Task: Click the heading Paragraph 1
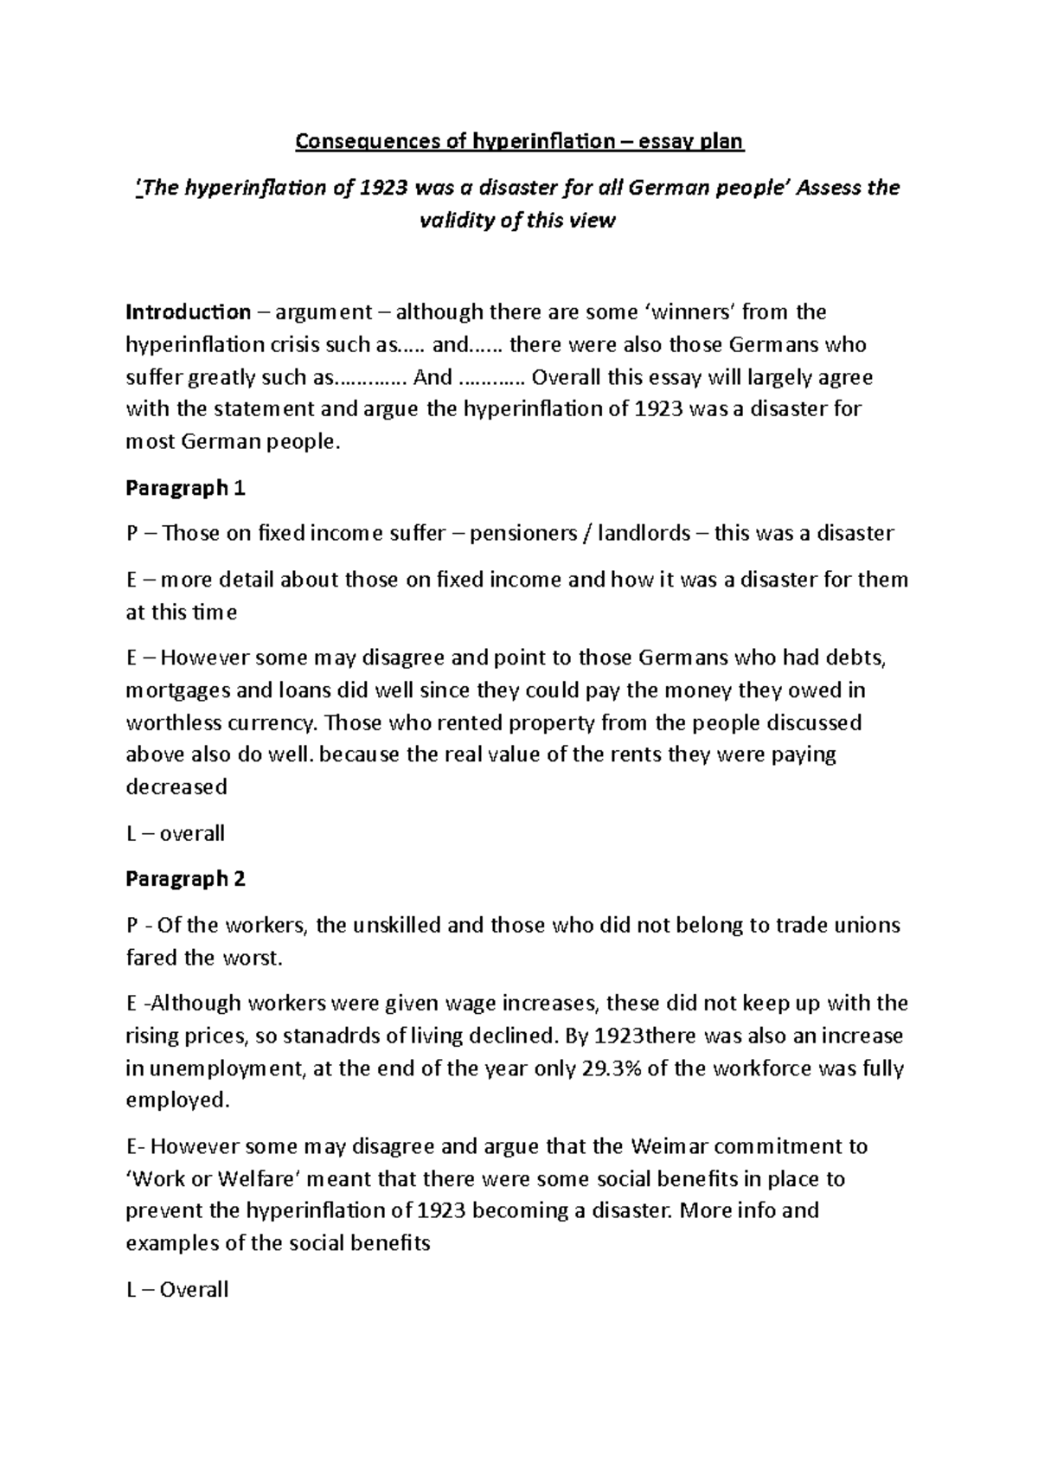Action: (185, 488)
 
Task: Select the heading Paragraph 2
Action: (185, 879)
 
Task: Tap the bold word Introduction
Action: (188, 311)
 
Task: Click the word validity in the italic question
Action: (458, 221)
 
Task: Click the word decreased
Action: (176, 787)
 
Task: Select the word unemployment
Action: (226, 1068)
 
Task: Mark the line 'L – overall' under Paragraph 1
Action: (175, 833)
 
